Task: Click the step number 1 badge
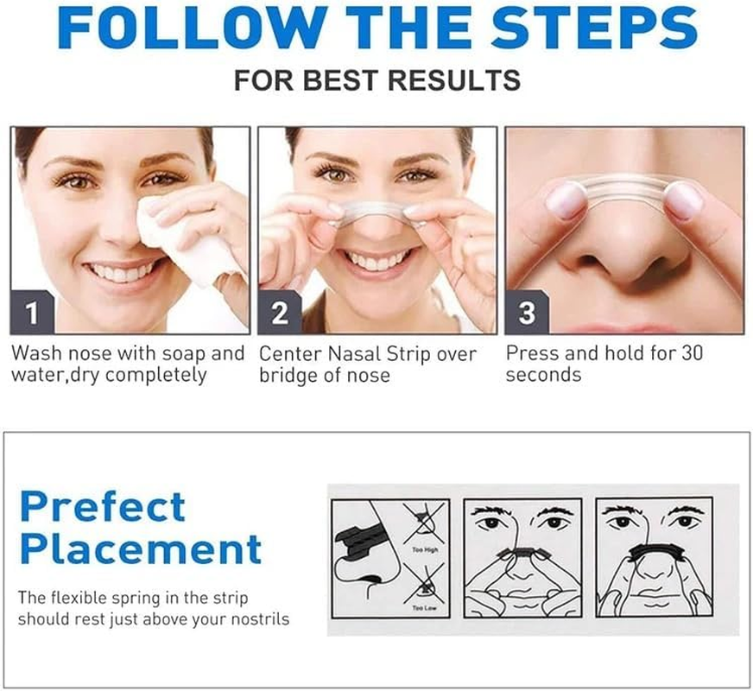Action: [x=32, y=314]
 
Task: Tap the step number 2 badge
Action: [x=279, y=314]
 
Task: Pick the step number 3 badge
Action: [x=526, y=314]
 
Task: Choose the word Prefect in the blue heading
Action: [x=102, y=506]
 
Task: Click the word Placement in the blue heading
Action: [x=140, y=549]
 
